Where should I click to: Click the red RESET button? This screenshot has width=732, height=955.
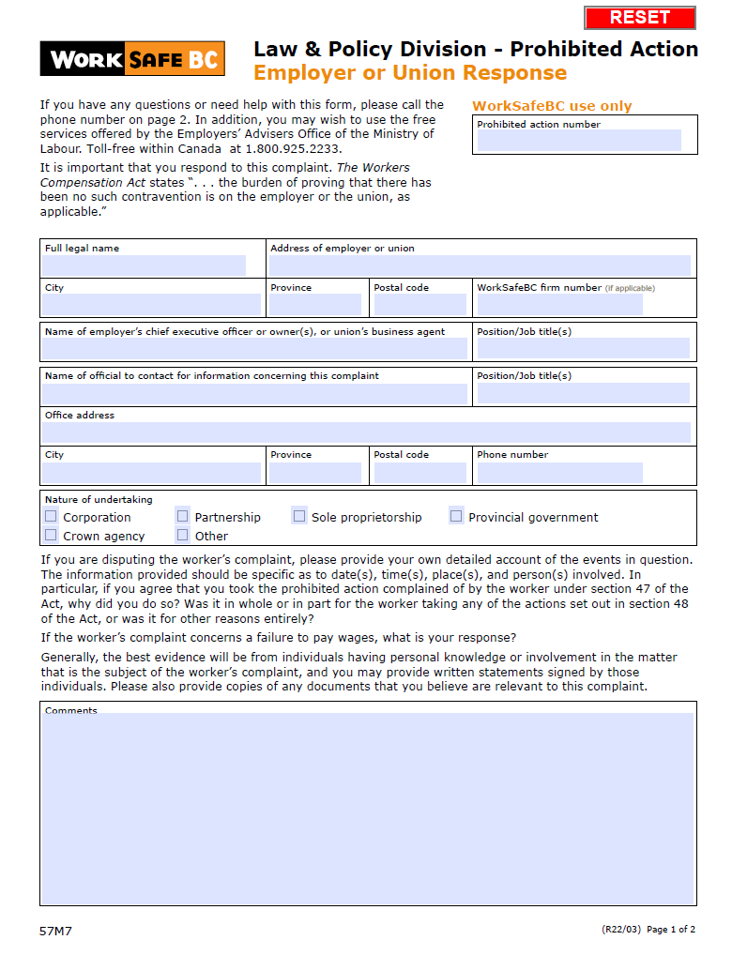point(639,18)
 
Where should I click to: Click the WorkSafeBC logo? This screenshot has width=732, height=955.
point(132,59)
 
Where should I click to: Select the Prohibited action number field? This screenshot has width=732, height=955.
point(579,141)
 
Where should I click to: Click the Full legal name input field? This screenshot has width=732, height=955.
point(144,265)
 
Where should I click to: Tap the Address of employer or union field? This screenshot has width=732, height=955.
point(480,265)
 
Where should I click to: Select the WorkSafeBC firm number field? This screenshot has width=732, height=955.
point(559,305)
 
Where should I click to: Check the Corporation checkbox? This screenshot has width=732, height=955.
point(52,517)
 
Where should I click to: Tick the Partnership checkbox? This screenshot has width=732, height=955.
point(183,516)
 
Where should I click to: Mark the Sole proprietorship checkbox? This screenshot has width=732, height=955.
point(299,516)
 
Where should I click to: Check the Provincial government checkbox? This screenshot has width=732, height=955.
point(456,516)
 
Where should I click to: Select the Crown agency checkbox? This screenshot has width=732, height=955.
point(52,536)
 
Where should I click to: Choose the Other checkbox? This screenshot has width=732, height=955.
point(183,536)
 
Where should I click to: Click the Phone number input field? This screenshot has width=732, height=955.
point(559,472)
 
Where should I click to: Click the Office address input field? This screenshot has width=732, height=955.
point(366,432)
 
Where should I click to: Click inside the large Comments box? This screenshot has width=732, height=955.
point(367,807)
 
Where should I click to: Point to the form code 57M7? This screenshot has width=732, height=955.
point(55,932)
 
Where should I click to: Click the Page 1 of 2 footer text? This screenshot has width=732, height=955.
point(671,930)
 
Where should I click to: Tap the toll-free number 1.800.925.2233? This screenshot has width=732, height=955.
point(294,149)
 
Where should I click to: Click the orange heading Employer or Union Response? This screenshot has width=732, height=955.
point(410,73)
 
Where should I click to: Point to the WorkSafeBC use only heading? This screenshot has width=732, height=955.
point(552,106)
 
